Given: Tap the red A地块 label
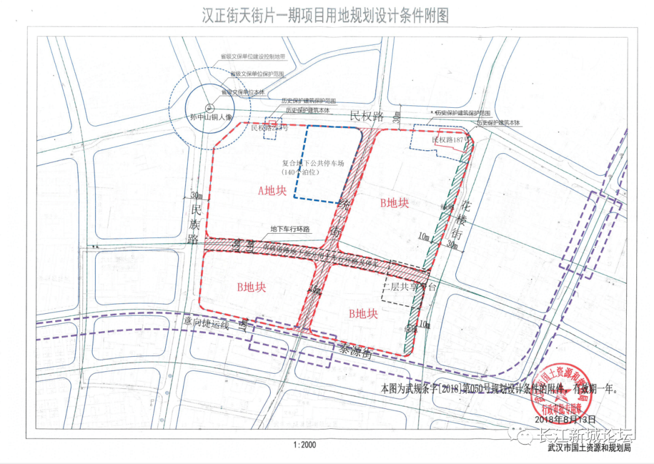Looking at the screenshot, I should [272, 191].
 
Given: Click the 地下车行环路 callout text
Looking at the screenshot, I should [289, 229].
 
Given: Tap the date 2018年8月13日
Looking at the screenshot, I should [566, 419].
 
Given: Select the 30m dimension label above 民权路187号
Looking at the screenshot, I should [396, 116].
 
